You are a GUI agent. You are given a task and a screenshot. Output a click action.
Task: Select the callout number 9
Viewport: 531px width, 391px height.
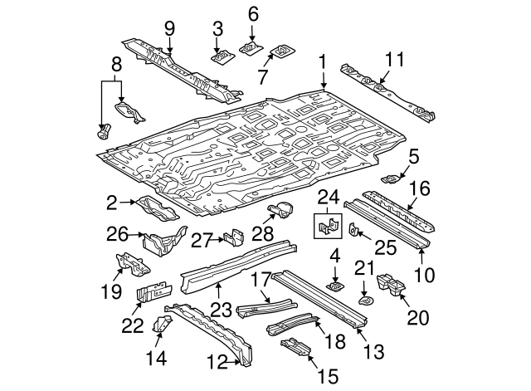169,29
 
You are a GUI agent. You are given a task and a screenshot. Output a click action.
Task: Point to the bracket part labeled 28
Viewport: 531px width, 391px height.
283,213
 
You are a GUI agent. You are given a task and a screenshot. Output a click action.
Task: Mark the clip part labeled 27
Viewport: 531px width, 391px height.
233,238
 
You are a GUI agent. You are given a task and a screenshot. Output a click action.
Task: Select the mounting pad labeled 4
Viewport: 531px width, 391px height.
336,286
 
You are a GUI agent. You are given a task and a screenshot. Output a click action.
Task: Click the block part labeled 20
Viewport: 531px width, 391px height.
391,285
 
